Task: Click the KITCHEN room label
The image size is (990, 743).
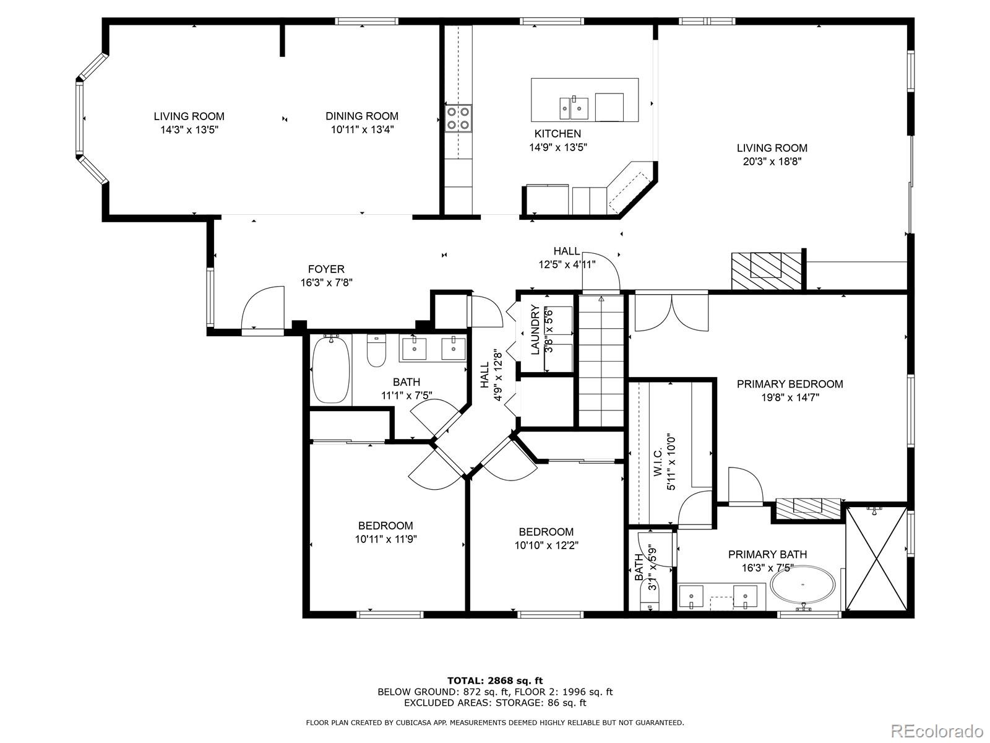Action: click(557, 134)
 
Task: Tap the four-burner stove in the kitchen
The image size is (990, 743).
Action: click(458, 118)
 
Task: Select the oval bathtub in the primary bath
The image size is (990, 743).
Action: click(803, 584)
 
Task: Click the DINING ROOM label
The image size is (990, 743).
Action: click(362, 116)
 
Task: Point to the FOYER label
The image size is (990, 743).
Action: click(326, 269)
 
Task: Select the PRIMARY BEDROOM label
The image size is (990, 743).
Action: click(790, 384)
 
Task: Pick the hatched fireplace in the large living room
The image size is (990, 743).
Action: click(766, 271)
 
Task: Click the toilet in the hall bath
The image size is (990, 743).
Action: click(377, 350)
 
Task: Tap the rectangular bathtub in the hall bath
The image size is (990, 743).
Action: click(331, 368)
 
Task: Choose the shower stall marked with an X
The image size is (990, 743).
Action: click(876, 558)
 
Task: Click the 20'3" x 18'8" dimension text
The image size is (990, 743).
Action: click(772, 162)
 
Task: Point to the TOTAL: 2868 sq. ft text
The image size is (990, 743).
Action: click(495, 680)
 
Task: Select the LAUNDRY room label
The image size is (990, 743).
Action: click(535, 330)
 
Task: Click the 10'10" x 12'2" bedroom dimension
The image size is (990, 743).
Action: click(546, 545)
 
